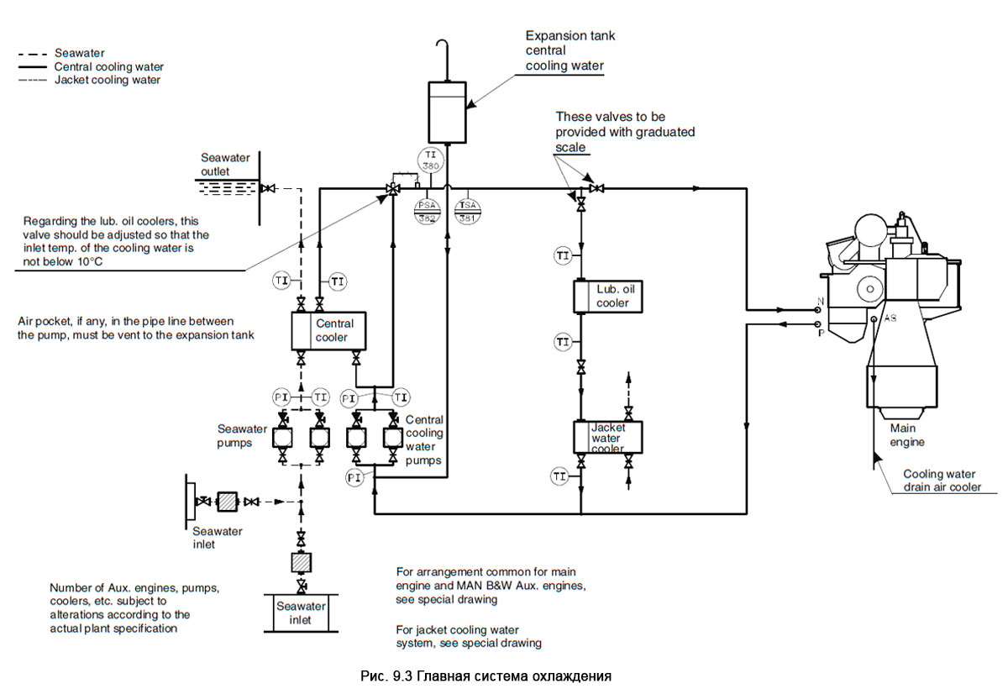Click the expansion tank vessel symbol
point(447,112)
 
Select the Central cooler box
point(328,330)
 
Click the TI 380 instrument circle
point(429,160)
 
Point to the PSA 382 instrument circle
point(427,210)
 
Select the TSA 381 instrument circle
point(465,210)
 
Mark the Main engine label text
point(907,434)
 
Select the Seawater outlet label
point(221,165)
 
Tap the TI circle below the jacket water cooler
point(560,476)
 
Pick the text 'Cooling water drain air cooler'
point(942,480)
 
